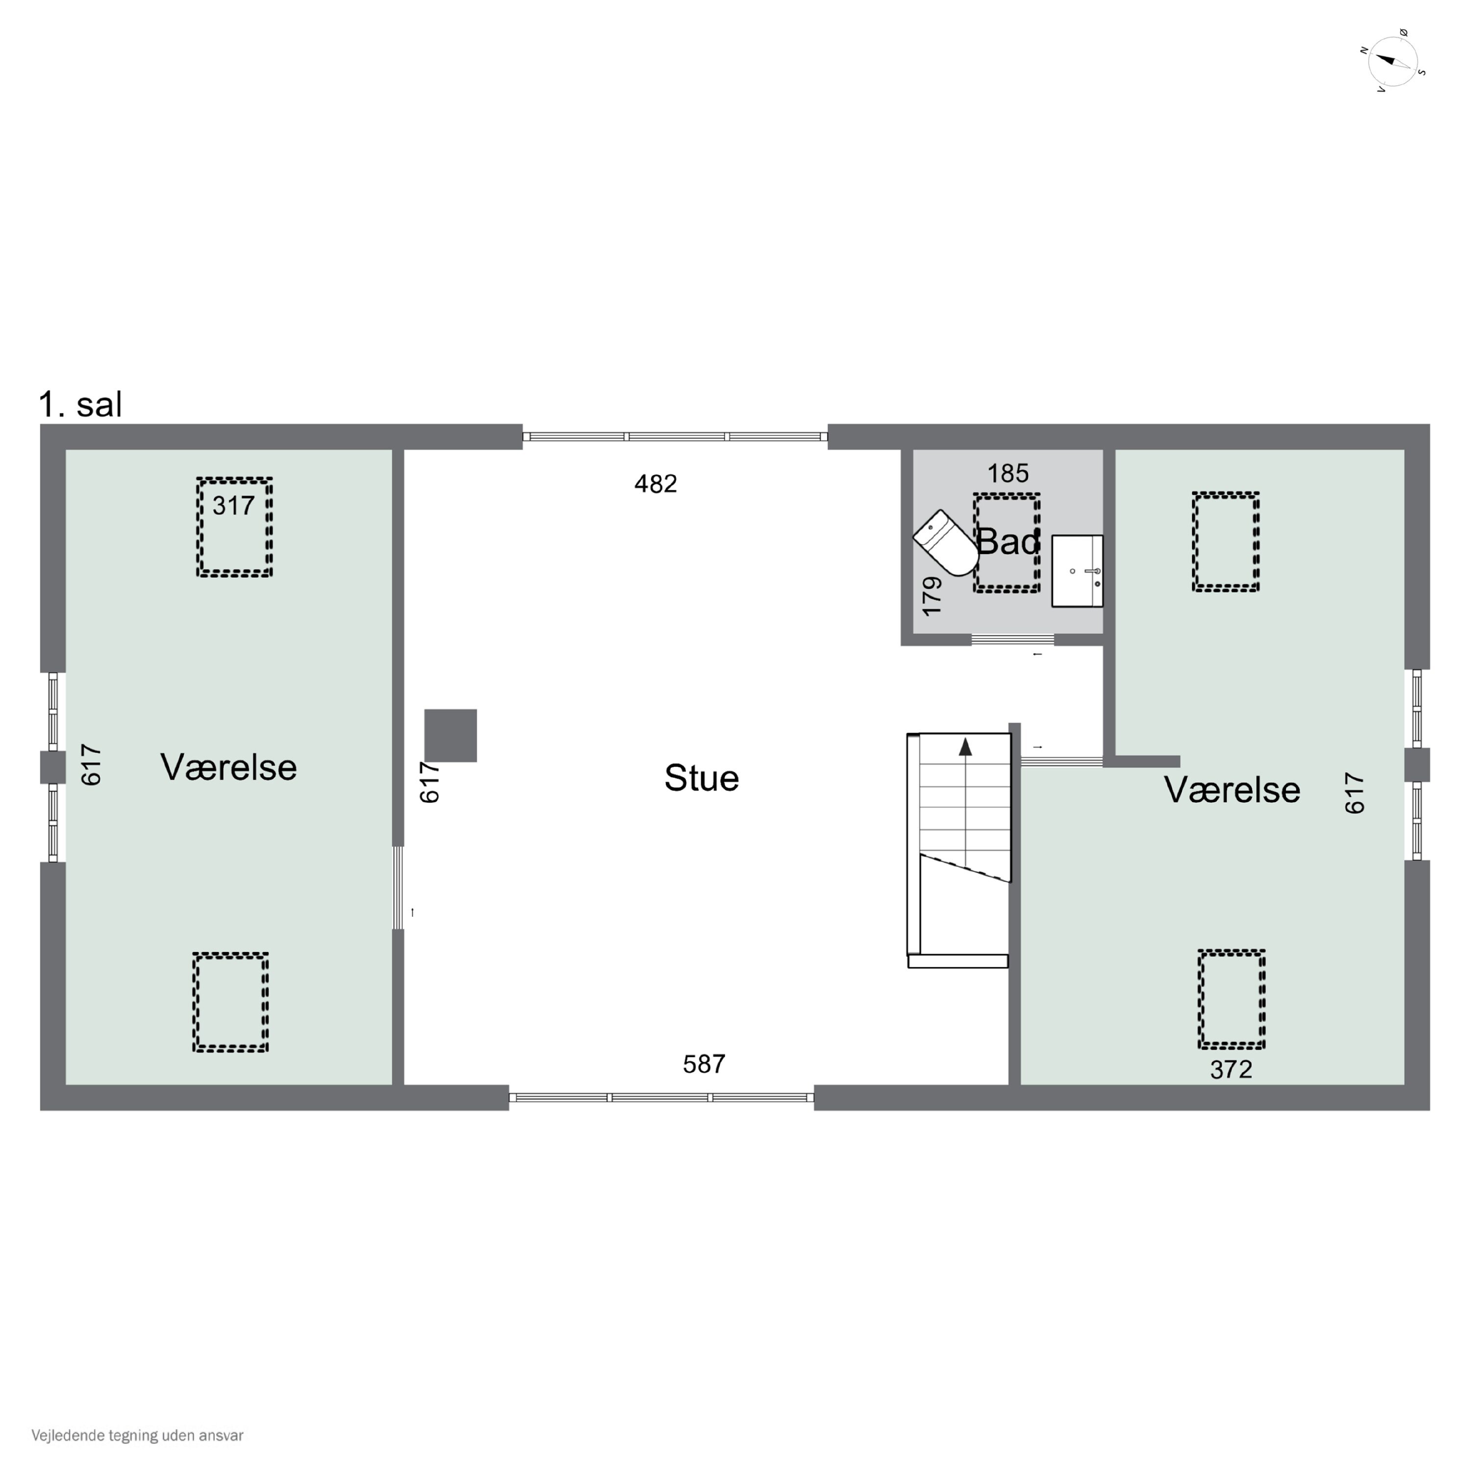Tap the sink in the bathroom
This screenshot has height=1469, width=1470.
point(1077,571)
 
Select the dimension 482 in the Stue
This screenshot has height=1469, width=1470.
point(656,484)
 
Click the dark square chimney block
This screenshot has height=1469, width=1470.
point(450,736)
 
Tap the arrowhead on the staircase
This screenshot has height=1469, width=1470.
point(965,747)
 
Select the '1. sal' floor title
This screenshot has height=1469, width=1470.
point(80,405)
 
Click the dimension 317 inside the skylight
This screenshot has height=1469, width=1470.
point(234,506)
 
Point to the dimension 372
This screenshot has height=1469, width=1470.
point(1231,1070)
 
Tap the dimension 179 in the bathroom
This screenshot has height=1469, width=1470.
point(932,597)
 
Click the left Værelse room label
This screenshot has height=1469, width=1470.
point(228,767)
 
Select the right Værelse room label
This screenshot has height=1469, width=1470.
point(1232,790)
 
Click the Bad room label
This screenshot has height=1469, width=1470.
point(1008,542)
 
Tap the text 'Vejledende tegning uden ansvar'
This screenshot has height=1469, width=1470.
point(138,1436)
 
